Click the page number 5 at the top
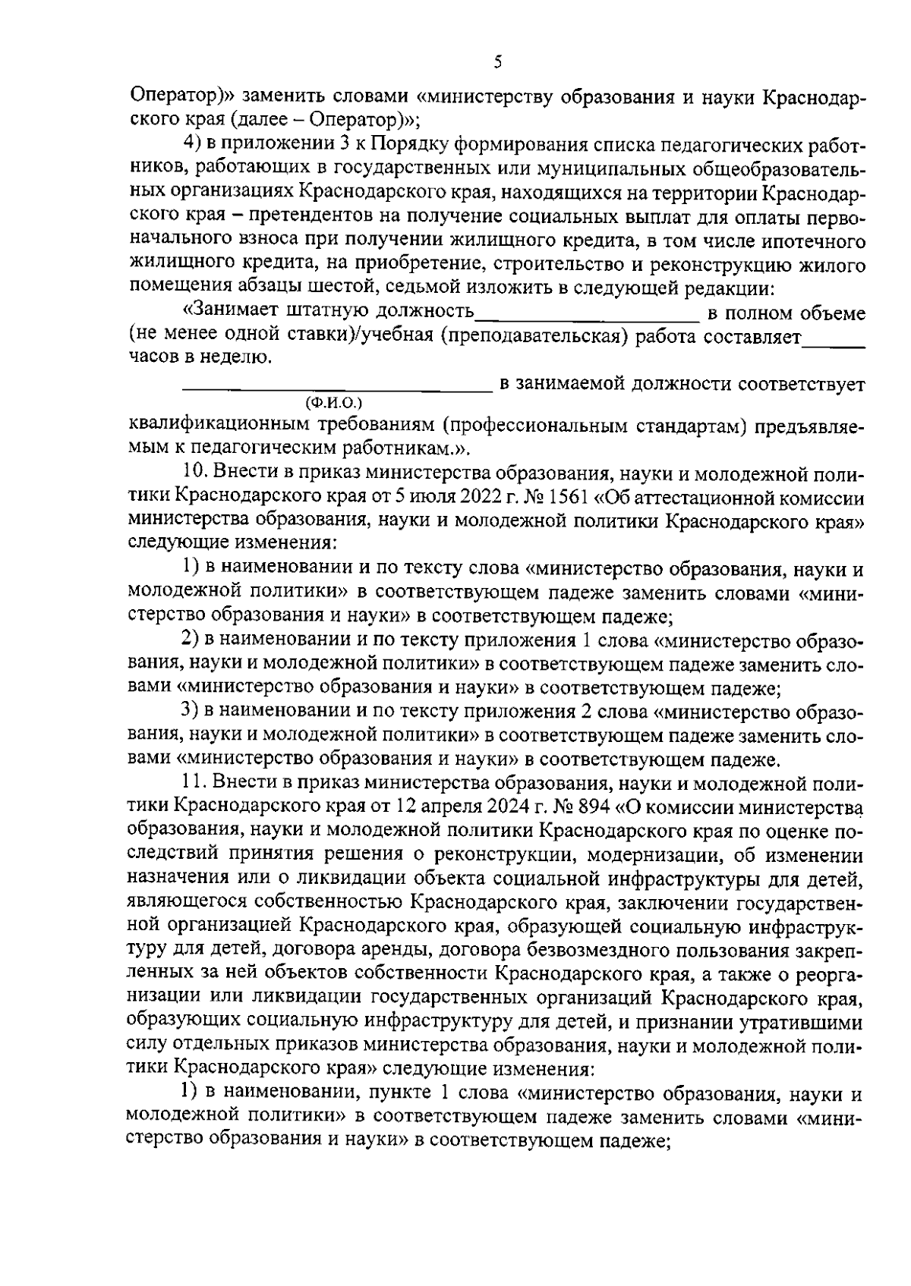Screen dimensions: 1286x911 pos(497,62)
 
